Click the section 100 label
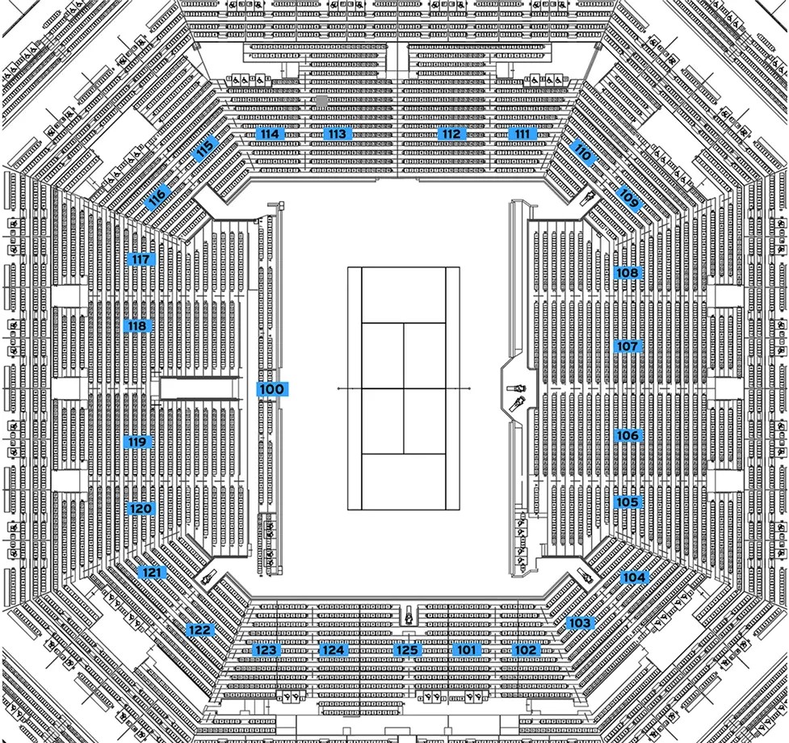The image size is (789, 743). [271, 389]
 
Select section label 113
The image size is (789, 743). [338, 134]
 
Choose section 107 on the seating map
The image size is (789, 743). [627, 346]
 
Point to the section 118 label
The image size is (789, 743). [136, 326]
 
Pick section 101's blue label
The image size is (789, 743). [466, 649]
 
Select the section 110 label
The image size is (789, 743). [582, 150]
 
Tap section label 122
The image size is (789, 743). [199, 630]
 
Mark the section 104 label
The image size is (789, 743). [633, 577]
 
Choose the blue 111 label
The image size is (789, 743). [523, 134]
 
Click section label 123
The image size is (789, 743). [266, 649]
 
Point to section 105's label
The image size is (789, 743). [627, 502]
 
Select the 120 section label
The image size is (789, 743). [140, 509]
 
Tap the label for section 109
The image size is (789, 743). [629, 196]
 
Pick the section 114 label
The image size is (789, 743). [269, 134]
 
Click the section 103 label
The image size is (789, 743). [579, 623]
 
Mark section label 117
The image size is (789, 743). [140, 259]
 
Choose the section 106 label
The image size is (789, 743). [627, 436]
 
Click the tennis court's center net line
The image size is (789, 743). [404, 388]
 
